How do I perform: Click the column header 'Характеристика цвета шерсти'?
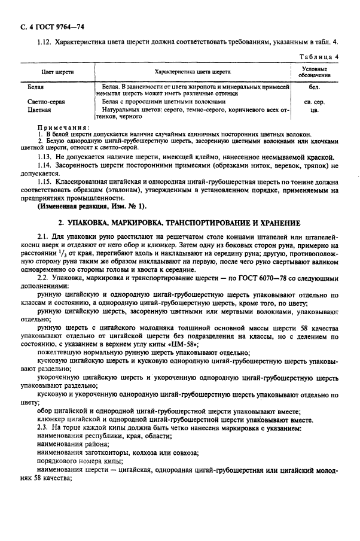tap(193, 72)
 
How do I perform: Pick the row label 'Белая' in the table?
tap(35, 87)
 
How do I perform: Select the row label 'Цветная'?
tap(39, 110)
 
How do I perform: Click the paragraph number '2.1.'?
tap(44, 238)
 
